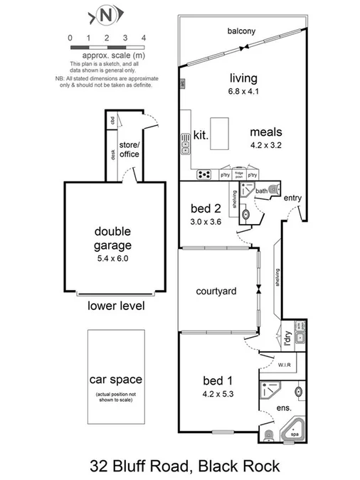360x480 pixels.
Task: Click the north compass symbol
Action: [107, 14]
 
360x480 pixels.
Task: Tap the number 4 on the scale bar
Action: [144, 37]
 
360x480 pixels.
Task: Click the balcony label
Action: [242, 31]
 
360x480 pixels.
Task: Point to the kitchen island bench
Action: [221, 134]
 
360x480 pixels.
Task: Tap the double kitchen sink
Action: [186, 146]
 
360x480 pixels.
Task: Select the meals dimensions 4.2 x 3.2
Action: [266, 145]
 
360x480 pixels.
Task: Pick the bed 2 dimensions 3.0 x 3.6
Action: [207, 222]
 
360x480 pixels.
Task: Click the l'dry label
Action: [287, 339]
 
